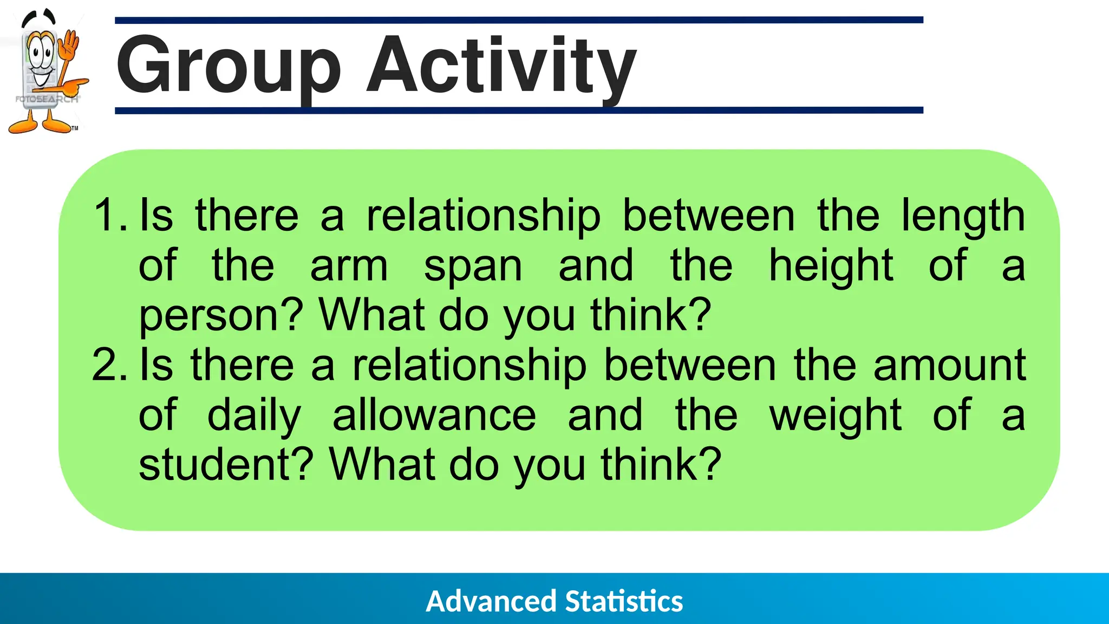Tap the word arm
(349, 266)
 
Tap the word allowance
(434, 415)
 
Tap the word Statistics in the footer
(624, 601)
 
